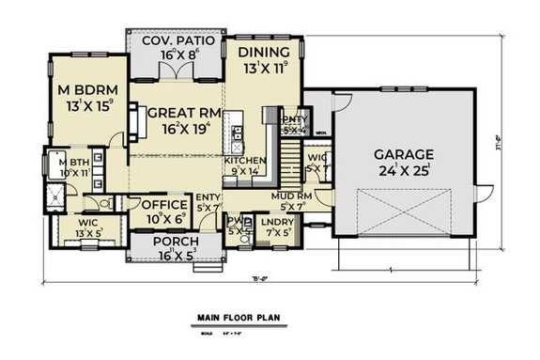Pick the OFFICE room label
(x=163, y=203)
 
